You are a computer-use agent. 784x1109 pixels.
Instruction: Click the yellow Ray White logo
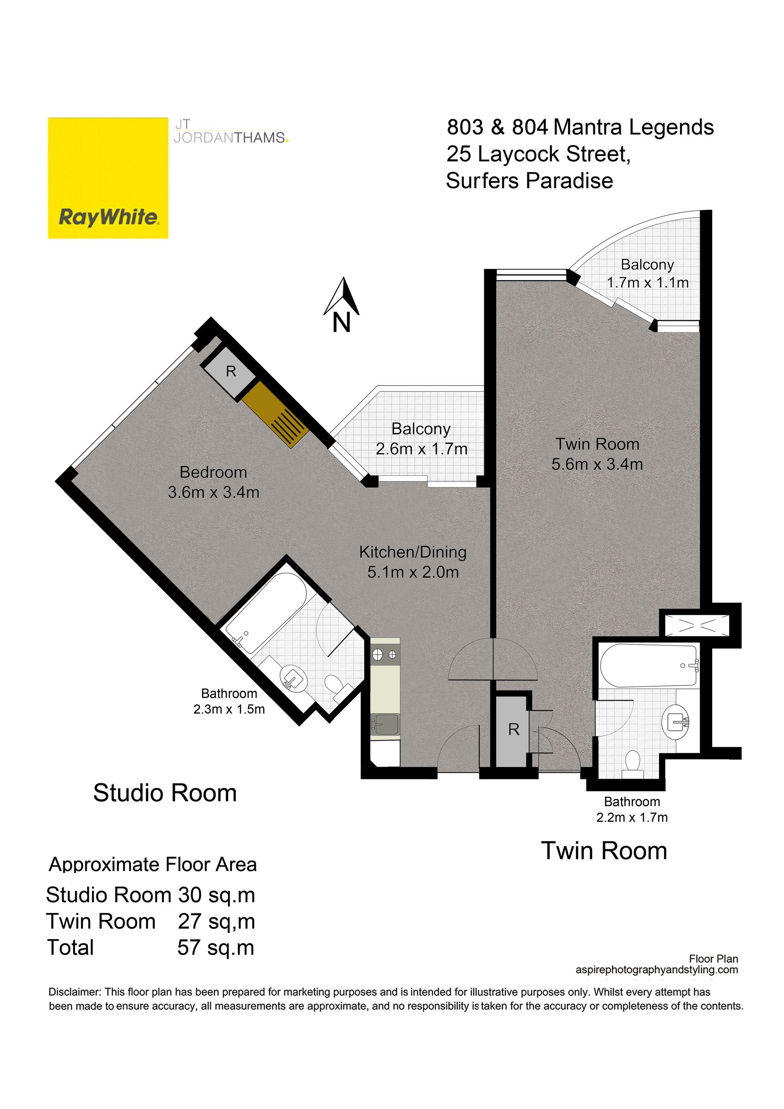click(x=108, y=177)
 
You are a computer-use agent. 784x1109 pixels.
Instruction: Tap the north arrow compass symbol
click(x=342, y=304)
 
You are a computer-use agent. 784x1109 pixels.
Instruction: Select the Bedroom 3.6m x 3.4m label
click(x=214, y=482)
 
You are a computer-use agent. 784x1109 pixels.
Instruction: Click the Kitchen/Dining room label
click(x=413, y=562)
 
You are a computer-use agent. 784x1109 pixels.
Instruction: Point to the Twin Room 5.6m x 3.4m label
click(x=597, y=454)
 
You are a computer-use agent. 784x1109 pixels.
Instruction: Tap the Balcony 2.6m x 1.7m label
click(x=421, y=439)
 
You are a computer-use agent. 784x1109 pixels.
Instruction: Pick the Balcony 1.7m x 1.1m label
click(x=647, y=273)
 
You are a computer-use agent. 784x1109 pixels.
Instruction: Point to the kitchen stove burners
click(x=385, y=655)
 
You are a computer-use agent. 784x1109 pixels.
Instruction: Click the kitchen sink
click(x=385, y=725)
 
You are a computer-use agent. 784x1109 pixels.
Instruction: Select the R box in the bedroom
click(x=230, y=371)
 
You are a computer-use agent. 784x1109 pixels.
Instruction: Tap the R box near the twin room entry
click(x=514, y=730)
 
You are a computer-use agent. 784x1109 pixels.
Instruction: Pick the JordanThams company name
click(x=231, y=138)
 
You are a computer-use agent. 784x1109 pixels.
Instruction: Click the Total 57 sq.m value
click(x=215, y=948)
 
